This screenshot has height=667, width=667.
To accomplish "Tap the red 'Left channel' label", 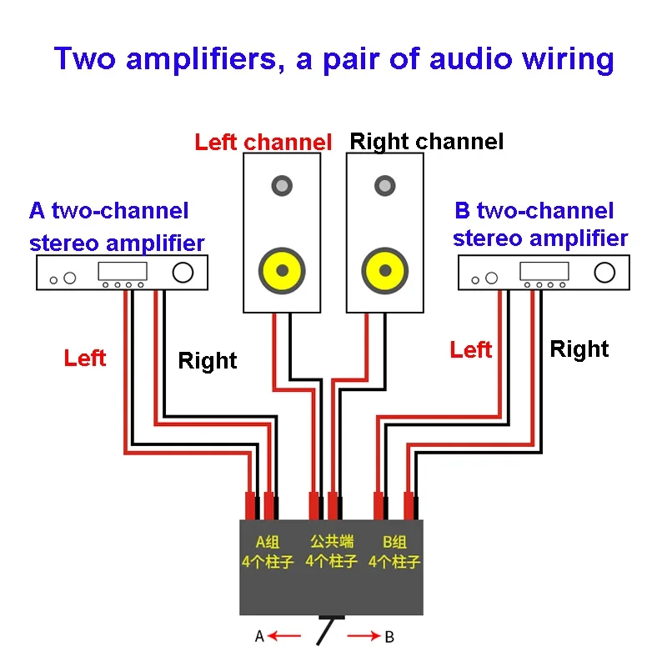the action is point(263,142).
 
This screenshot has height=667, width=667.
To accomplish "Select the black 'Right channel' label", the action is point(427,142).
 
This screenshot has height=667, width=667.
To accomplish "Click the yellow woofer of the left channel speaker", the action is point(282,270).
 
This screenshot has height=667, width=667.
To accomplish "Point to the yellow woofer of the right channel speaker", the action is point(385,270).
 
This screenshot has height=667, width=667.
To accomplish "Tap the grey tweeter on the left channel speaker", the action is point(282,185).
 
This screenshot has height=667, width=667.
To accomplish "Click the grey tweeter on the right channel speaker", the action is point(385,185).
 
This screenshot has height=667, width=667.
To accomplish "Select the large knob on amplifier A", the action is point(183,273).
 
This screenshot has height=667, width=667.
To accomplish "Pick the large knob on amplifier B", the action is point(604,273).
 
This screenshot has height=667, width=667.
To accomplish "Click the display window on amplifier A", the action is point(123,271).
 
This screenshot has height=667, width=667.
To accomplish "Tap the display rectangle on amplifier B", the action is point(544,271).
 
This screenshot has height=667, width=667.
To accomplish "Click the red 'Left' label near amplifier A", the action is point(85,358).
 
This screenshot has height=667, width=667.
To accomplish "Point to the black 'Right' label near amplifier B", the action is point(579,349).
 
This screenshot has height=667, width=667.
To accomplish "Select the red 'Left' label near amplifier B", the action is point(471,349).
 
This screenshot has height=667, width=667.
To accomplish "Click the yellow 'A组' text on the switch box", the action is point(268,542).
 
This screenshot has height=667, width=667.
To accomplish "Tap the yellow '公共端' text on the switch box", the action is point(332,541).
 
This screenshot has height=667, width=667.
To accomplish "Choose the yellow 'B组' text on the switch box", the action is point(394,542).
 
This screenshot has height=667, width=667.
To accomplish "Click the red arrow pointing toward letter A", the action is point(284,636).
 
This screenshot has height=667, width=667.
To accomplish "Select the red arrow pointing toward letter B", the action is point(364,636).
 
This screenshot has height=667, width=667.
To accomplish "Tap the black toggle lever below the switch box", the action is point(325,632).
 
